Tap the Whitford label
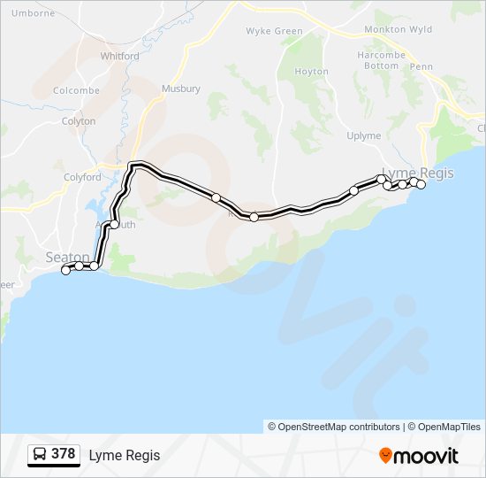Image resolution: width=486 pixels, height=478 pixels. (119, 56)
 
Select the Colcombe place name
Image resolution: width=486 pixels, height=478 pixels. (76, 90)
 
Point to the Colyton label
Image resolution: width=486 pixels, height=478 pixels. (79, 121)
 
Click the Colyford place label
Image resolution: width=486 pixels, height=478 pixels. (82, 177)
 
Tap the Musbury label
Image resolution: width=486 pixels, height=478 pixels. (181, 89)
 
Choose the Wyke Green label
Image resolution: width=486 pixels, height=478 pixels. (274, 31)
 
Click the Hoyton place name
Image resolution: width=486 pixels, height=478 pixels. (311, 72)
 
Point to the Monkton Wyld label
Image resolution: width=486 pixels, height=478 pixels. (399, 29)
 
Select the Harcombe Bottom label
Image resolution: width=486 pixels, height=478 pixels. (382, 59)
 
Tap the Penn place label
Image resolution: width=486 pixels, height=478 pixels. (421, 66)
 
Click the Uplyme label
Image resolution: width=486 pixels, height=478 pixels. (364, 136)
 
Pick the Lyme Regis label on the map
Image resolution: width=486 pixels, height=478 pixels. (417, 173)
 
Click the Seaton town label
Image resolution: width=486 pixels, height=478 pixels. (67, 258)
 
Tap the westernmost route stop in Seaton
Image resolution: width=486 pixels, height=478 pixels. (65, 271)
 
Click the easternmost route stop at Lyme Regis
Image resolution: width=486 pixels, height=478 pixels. (421, 184)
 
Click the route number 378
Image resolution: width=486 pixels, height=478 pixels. (63, 454)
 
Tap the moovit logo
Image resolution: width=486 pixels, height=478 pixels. (419, 456)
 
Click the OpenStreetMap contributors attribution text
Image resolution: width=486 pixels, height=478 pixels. (334, 427)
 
